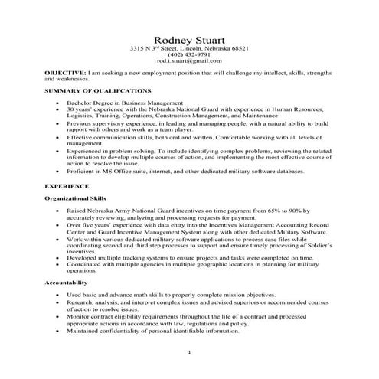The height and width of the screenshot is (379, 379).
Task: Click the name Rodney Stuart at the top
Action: pos(189,39)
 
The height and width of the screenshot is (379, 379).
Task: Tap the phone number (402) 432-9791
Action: pos(189,55)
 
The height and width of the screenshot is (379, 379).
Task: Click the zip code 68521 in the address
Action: pos(240,48)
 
